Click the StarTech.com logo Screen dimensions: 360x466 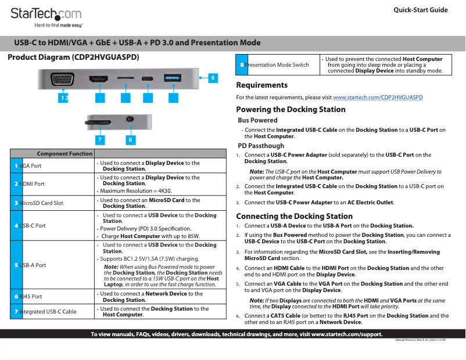[46, 16]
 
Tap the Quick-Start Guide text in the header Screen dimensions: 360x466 [420, 10]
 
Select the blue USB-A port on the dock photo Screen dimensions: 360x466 [173, 77]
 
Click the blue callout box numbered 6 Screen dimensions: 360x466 [213, 77]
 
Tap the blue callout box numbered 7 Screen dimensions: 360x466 [100, 140]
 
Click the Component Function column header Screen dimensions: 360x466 [64, 154]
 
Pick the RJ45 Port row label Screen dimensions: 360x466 [30, 296]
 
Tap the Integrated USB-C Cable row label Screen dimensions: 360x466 [47, 312]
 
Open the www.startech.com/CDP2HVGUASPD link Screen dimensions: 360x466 [378, 98]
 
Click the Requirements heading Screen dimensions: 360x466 [261, 85]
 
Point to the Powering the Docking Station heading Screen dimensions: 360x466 [291, 110]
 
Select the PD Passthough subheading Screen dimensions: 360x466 [261, 146]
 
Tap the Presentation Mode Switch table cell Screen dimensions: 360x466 [277, 65]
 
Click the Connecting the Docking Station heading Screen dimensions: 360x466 [294, 216]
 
